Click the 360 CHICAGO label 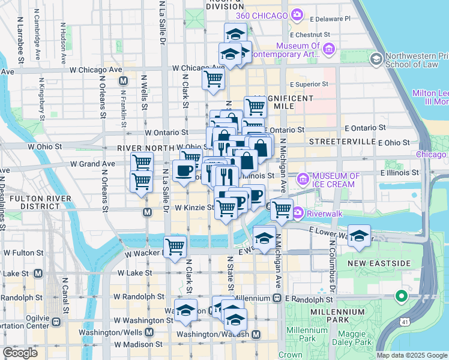258,14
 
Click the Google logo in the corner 20,353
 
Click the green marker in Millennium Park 401,296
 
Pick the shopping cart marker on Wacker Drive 175,246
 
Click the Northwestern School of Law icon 376,58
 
